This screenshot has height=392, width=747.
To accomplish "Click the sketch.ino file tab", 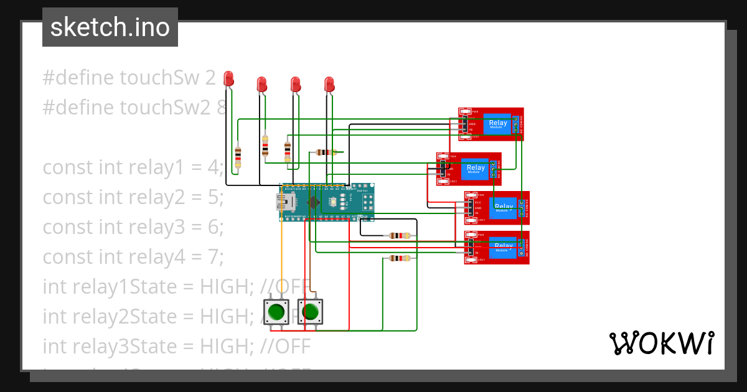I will (110, 27).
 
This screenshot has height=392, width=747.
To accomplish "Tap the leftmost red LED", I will (228, 78).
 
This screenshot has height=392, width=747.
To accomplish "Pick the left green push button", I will (276, 310).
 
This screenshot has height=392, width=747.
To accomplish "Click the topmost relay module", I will (491, 124).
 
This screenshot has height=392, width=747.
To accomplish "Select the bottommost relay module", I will (497, 247).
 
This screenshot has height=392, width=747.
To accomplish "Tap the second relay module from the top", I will (469, 169).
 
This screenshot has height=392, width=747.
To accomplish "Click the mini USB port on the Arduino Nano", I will (286, 202).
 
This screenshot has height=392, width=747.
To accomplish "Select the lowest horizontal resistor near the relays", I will (399, 258).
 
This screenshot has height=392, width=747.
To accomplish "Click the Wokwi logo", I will (661, 343).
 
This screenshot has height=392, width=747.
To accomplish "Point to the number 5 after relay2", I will (212, 197).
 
